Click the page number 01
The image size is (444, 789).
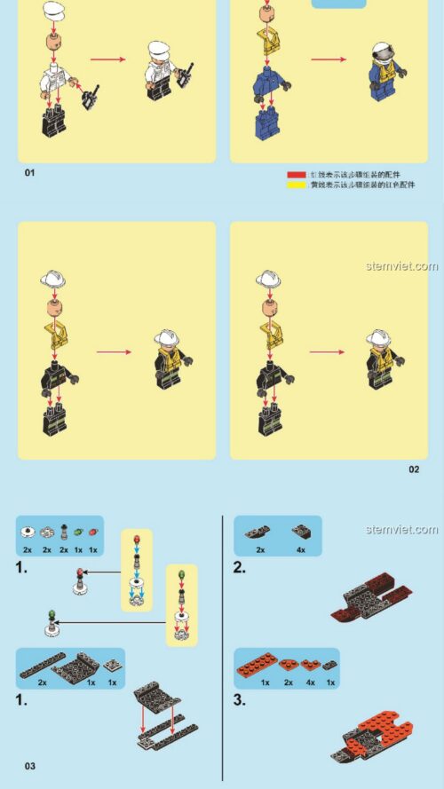28,172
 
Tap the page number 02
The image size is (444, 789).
414,469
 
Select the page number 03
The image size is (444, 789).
29,765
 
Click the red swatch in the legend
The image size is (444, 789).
295,176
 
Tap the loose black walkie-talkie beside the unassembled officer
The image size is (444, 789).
90,94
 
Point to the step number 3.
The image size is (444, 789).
239,699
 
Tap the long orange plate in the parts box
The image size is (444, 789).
264,664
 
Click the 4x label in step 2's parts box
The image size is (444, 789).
300,549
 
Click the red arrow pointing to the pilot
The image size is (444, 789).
328,61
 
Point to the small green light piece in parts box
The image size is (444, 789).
77,532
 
